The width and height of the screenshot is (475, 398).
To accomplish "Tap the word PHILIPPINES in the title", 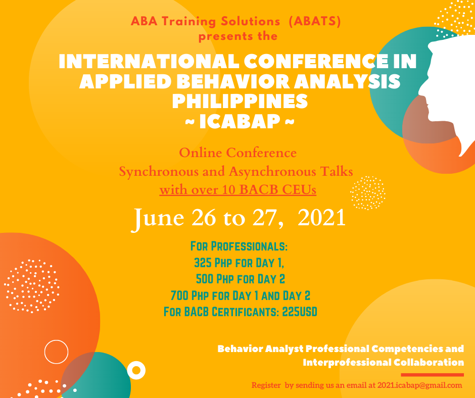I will click(x=240, y=101).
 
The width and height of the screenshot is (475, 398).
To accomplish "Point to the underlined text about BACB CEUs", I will click(x=239, y=190).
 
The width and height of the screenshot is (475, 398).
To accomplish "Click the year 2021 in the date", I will click(x=321, y=217).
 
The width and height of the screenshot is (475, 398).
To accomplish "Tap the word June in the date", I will click(x=157, y=217).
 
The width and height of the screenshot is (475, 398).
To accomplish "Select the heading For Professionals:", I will click(x=239, y=247).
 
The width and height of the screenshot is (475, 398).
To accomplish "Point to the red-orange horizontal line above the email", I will click(x=432, y=375).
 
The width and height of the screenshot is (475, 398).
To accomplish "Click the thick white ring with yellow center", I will click(x=136, y=371).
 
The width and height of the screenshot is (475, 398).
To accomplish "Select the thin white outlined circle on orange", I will click(x=56, y=352).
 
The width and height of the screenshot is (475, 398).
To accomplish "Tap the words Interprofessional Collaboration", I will click(x=383, y=362).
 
